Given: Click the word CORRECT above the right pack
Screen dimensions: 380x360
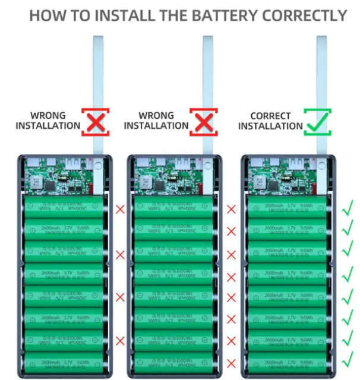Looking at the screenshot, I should (x=270, y=116).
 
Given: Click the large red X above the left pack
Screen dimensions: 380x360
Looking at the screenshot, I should (x=96, y=122).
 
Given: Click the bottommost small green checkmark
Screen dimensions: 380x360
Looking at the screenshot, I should (x=348, y=362).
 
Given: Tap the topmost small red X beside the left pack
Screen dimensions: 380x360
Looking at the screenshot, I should (x=121, y=209).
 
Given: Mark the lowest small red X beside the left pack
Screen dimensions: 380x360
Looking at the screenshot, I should (x=121, y=341).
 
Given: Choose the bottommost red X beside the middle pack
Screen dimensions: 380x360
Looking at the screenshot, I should (x=231, y=363).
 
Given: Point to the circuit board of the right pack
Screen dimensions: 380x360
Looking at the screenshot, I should (x=279, y=178).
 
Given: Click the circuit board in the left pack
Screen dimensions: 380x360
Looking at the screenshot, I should (x=56, y=178).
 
